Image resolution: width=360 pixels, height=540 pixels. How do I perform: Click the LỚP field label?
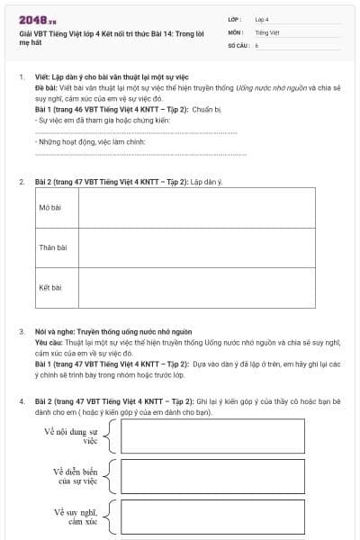click(233, 19)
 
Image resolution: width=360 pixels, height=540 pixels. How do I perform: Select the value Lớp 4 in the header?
click(262, 19)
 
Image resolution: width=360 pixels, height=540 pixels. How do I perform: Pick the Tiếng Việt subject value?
click(267, 31)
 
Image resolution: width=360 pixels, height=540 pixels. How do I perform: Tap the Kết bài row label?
click(50, 288)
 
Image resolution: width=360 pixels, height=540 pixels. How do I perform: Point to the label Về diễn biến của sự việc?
click(74, 475)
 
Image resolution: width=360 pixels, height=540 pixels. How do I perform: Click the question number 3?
click(21, 332)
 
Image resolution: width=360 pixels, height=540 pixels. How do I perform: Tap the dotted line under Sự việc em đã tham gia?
click(135, 133)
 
